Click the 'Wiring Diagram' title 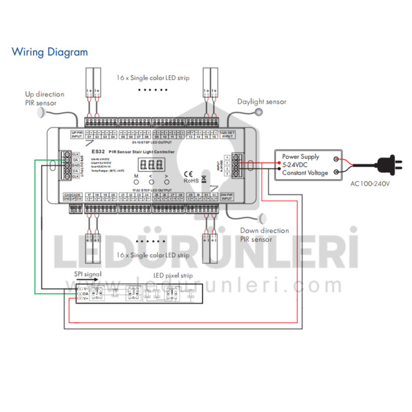click(49, 52)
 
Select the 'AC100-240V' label click(370, 184)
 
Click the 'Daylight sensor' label click(261, 102)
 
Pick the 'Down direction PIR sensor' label click(264, 235)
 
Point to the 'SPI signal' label click(88, 274)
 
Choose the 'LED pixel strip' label click(174, 275)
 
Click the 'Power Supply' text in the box click(300, 157)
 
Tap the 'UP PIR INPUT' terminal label click(77, 135)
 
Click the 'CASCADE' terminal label click(72, 194)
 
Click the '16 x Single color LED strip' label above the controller click(152, 77)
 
